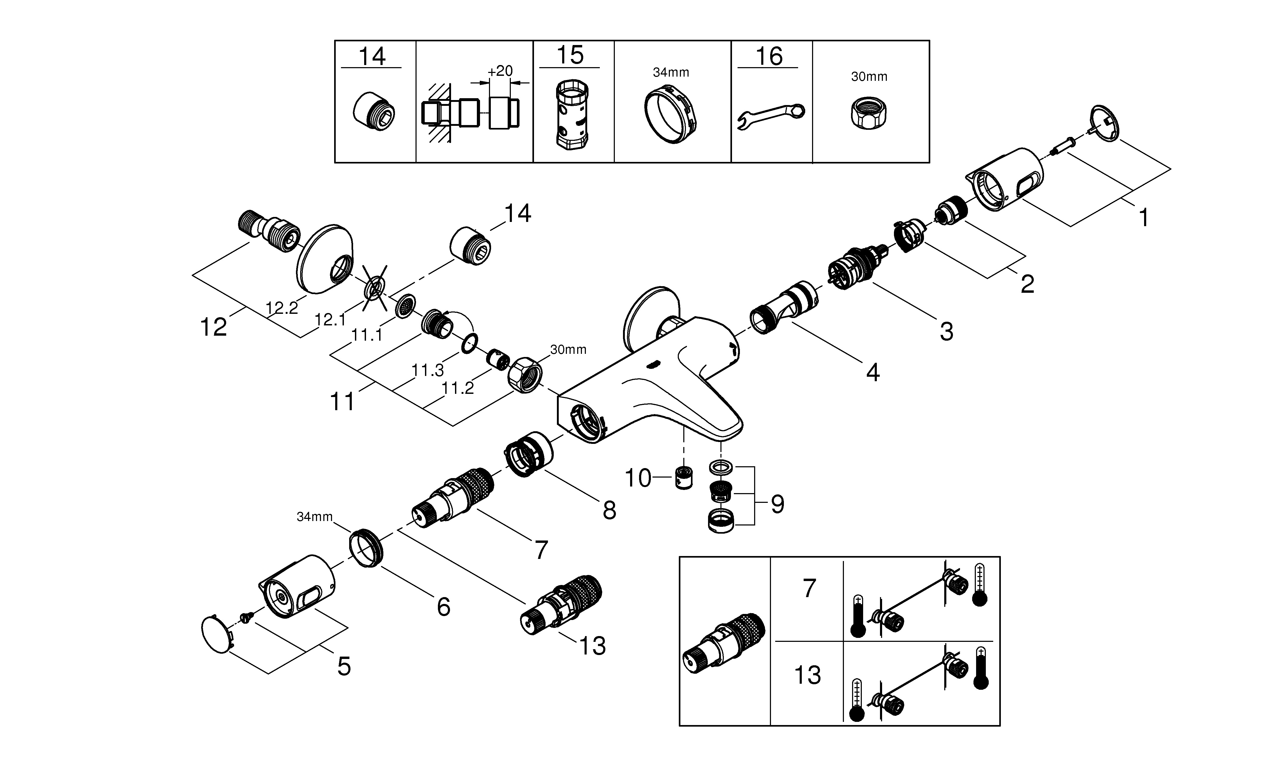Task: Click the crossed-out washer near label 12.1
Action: [x=375, y=288]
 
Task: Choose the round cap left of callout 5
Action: [x=217, y=635]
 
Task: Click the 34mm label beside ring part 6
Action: [x=315, y=517]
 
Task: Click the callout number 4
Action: [x=873, y=373]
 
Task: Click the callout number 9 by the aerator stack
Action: [x=777, y=504]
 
